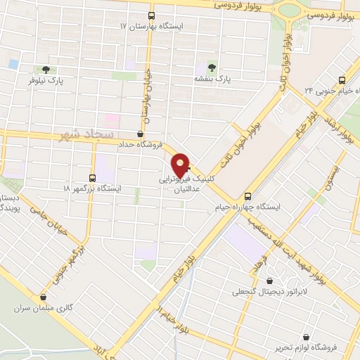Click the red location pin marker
click(x=181, y=165)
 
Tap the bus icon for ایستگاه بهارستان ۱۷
click(x=151, y=15)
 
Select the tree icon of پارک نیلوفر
click(x=46, y=70)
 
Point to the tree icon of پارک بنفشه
click(x=212, y=67)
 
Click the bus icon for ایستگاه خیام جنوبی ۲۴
click(x=342, y=80)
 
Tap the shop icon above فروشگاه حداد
click(x=141, y=133)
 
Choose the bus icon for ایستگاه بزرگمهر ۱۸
click(x=93, y=178)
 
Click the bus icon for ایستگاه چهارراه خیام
click(x=247, y=197)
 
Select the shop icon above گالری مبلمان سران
click(x=44, y=297)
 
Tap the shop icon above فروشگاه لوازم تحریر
click(x=306, y=336)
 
